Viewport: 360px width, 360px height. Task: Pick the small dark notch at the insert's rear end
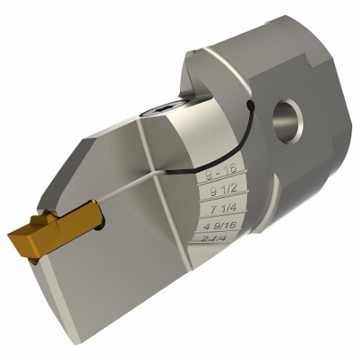coord(101,222)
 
